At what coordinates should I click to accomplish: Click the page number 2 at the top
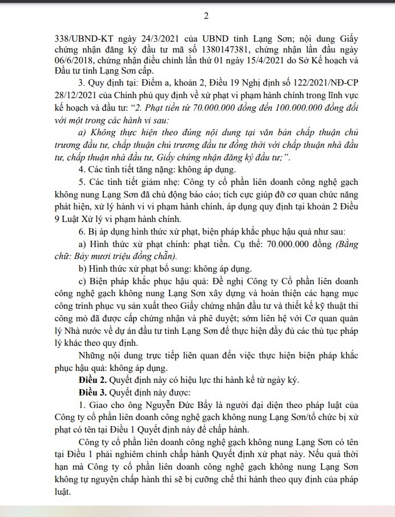[197, 16]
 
